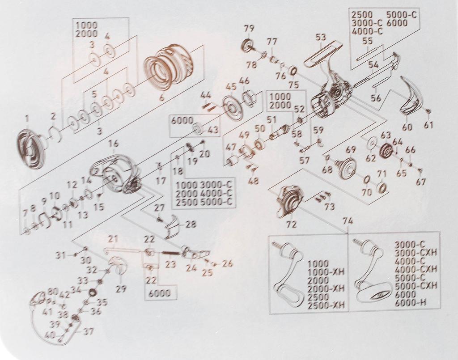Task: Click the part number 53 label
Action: (x=320, y=38)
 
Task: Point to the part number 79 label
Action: (x=249, y=29)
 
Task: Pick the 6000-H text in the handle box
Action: (x=411, y=303)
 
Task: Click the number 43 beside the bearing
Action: (x=212, y=130)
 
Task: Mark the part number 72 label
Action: (x=292, y=224)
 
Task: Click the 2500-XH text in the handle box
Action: (x=326, y=305)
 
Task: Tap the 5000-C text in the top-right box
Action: (x=402, y=14)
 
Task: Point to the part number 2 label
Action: (x=53, y=116)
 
